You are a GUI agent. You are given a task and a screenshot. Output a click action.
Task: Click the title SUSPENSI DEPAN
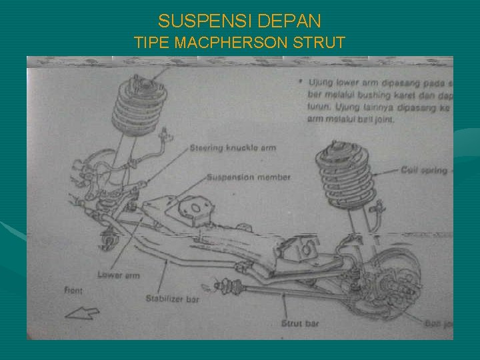(239, 21)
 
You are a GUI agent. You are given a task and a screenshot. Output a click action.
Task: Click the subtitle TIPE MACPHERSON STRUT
(239, 43)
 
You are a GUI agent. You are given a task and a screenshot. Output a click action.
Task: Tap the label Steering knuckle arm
(233, 147)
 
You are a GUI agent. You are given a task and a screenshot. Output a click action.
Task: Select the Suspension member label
(249, 177)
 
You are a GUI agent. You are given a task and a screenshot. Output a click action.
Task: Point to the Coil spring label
(424, 171)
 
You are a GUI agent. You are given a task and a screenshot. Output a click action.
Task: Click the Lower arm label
(119, 275)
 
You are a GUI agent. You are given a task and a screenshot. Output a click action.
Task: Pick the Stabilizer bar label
(172, 299)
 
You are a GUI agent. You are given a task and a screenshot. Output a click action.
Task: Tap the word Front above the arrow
(73, 290)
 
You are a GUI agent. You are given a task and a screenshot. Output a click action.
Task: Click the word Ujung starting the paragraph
(319, 83)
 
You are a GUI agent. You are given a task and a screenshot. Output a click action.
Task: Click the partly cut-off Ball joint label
(439, 323)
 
